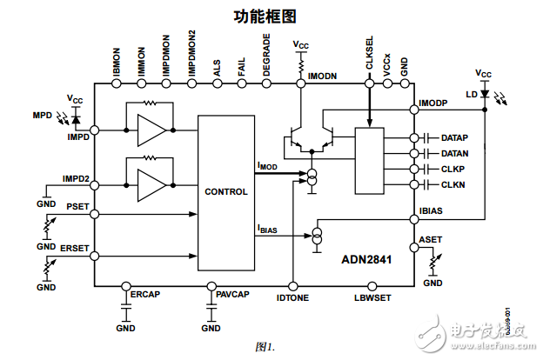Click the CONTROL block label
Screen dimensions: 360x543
[226, 191]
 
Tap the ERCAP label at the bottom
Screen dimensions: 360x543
[145, 296]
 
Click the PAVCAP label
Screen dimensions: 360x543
[232, 296]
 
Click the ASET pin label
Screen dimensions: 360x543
[430, 238]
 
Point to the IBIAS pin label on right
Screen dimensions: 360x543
[432, 210]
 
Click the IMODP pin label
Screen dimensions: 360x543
[434, 103]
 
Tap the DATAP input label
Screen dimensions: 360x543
[455, 138]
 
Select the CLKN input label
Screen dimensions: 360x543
[452, 184]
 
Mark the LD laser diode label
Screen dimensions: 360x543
[471, 94]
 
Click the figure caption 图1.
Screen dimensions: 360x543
[265, 346]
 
